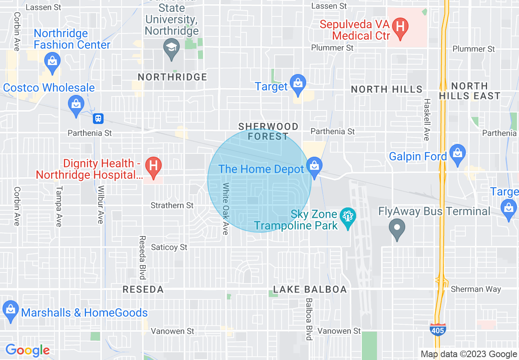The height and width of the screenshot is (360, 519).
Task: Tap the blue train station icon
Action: click(x=98, y=119)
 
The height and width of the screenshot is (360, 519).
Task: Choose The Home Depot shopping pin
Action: click(x=314, y=166)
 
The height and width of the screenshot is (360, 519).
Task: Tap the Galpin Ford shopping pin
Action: click(x=457, y=154)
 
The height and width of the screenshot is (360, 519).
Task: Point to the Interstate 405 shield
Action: click(x=438, y=329)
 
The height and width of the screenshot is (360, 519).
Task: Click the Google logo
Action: click(x=27, y=350)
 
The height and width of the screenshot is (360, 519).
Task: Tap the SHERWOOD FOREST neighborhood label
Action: click(x=268, y=131)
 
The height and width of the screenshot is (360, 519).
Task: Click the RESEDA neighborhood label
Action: click(x=143, y=290)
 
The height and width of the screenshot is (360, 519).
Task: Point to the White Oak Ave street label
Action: click(x=225, y=209)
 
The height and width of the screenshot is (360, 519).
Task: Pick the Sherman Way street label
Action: click(x=476, y=289)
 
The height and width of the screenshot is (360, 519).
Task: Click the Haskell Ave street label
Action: click(x=426, y=119)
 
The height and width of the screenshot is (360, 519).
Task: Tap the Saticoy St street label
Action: click(x=169, y=247)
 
